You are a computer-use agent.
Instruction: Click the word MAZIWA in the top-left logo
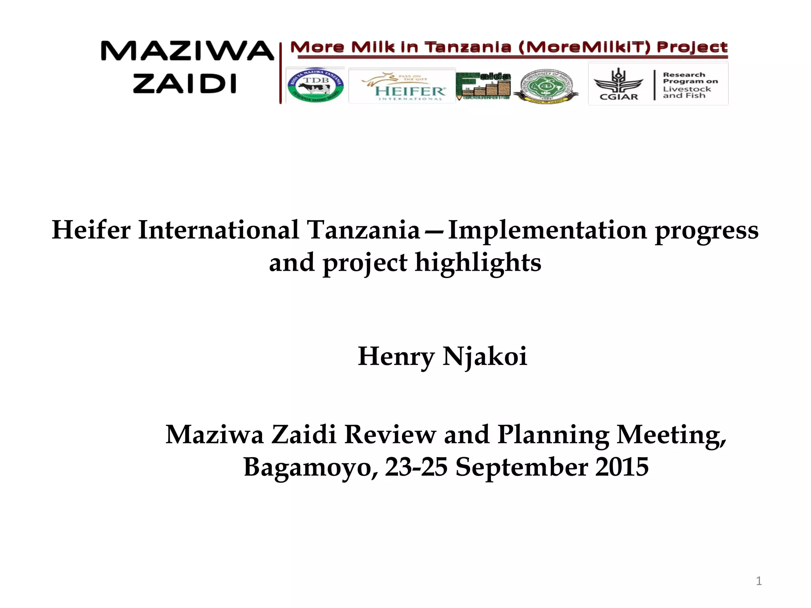(187, 51)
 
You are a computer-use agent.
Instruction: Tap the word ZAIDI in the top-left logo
(185, 84)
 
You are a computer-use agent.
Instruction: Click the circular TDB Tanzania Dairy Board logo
(315, 85)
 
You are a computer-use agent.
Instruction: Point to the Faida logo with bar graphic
(484, 85)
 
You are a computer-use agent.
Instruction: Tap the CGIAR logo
(618, 84)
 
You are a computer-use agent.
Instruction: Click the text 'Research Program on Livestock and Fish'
(690, 85)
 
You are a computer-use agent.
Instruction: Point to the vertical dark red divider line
(281, 73)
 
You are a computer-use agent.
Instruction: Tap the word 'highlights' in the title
(478, 262)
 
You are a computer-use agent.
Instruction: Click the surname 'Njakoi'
(485, 356)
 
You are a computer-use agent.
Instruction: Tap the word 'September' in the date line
(522, 467)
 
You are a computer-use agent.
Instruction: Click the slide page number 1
(759, 581)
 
